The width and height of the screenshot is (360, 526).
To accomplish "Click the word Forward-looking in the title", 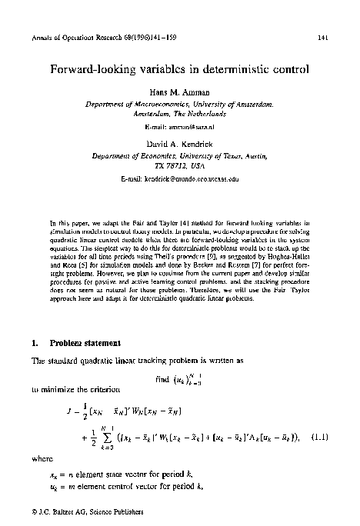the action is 92,69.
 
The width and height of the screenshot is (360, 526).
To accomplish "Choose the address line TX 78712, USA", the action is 180,164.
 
